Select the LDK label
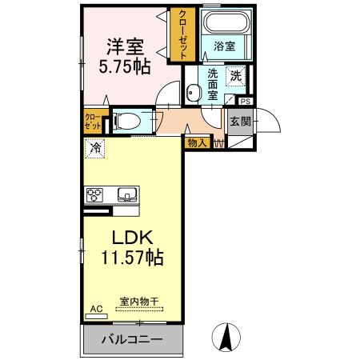[x=132, y=238]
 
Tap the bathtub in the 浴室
[x=225, y=24]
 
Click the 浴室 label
[x=225, y=47]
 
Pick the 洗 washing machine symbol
[x=236, y=76]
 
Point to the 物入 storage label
[x=196, y=143]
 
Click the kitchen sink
[x=126, y=194]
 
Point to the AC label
[x=96, y=308]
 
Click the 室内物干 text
[x=139, y=302]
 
